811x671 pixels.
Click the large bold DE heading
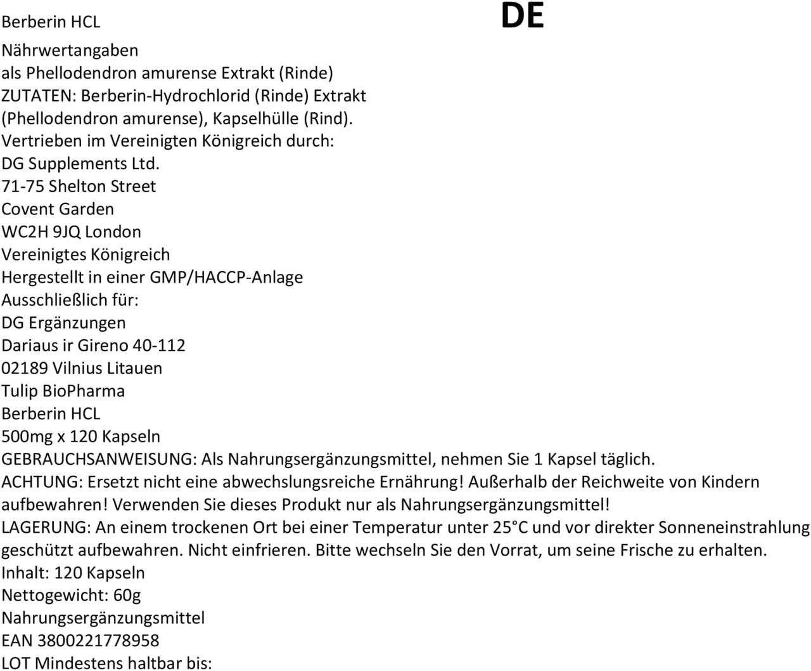coord(522,17)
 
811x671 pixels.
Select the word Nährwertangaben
coord(70,50)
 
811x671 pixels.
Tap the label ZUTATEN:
coord(39,96)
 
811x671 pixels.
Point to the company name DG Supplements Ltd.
coord(80,164)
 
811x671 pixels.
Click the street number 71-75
coord(23,186)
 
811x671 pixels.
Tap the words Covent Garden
coord(58,209)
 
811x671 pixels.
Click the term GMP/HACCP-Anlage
coord(226,277)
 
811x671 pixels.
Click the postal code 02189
coord(25,368)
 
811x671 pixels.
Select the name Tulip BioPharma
coord(63,391)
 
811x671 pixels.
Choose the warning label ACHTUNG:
coord(42,482)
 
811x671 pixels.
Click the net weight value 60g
coord(127,596)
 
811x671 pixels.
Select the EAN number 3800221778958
coord(98,641)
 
